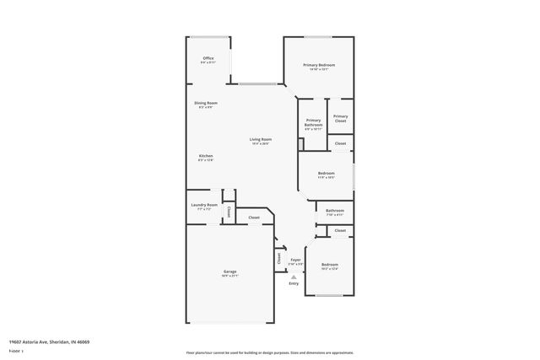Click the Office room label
[x=208, y=58]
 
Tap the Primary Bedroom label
[x=320, y=65]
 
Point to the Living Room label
[x=260, y=139]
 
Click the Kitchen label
[x=206, y=156]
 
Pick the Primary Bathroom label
[x=313, y=122]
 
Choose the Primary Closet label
[x=340, y=119]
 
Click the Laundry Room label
[x=204, y=205]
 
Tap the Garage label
[x=229, y=271]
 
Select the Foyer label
[x=294, y=260]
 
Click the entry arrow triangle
[x=294, y=277]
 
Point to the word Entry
[x=294, y=283]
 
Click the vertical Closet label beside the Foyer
[x=278, y=259]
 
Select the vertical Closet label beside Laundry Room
[x=228, y=212]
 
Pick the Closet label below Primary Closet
[x=340, y=144]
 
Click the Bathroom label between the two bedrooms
[x=334, y=211]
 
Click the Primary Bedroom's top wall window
[x=318, y=36]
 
